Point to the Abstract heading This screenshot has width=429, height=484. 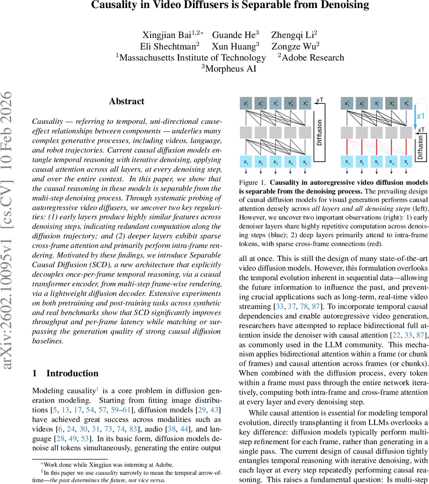(x=126, y=101)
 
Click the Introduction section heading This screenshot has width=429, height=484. (x=72, y=373)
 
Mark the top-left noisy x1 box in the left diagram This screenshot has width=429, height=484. (x=246, y=103)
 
